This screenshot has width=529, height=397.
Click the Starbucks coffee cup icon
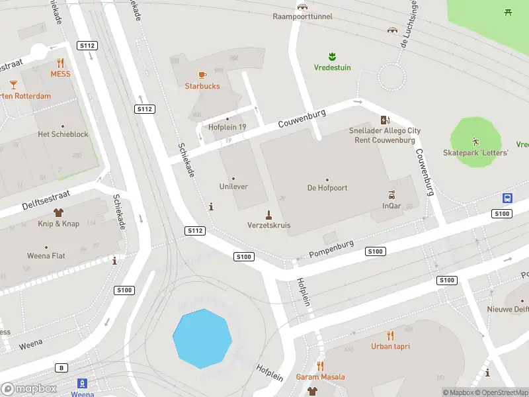pyautogui.click(x=202, y=75)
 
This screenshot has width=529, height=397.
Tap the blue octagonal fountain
pyautogui.click(x=202, y=338)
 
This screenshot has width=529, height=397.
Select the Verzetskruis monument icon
pyautogui.click(x=268, y=214)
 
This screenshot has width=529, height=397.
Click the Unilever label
pyautogui.click(x=233, y=187)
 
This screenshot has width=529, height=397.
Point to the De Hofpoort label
pyautogui.click(x=327, y=188)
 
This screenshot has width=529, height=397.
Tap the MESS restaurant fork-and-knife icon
pyautogui.click(x=60, y=63)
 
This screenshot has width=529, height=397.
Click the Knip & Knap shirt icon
pyautogui.click(x=58, y=212)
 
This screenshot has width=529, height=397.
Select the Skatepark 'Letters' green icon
pyautogui.click(x=475, y=141)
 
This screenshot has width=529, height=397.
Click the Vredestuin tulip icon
pyautogui.click(x=332, y=56)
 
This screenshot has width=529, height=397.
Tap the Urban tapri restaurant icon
pyautogui.click(x=390, y=335)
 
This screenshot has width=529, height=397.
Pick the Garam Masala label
pyautogui.click(x=320, y=377)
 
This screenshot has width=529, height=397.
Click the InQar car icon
pyautogui.click(x=391, y=195)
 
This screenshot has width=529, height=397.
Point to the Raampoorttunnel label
pyautogui.click(x=303, y=17)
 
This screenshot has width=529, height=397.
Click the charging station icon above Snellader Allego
pyautogui.click(x=385, y=120)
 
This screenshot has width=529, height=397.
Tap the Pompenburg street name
pyautogui.click(x=332, y=249)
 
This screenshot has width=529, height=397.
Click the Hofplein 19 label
pyautogui.click(x=227, y=127)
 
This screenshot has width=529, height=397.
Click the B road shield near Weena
pyautogui.click(x=62, y=367)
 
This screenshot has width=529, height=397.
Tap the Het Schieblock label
pyautogui.click(x=63, y=134)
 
